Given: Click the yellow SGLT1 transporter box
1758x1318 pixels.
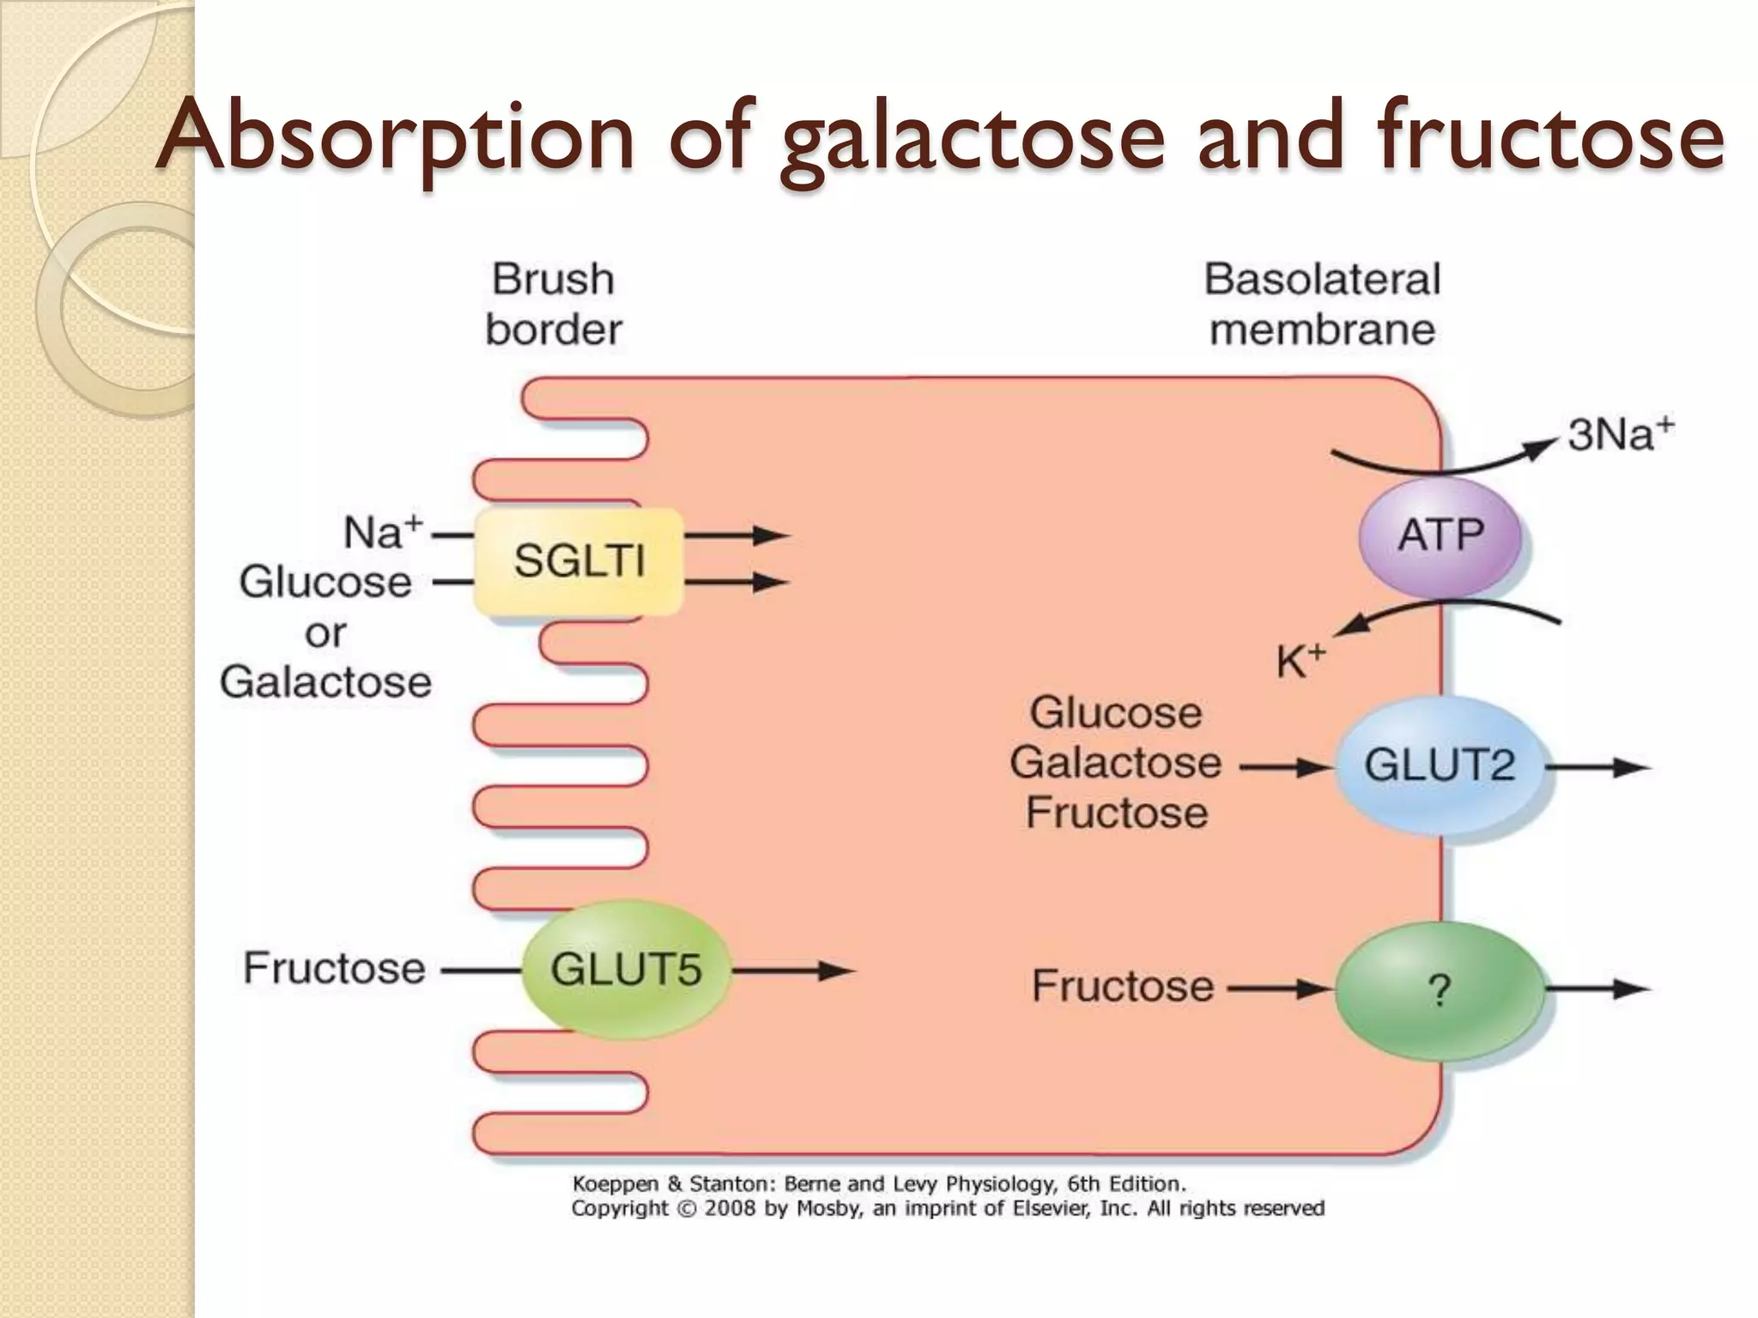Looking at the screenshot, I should coord(578,561).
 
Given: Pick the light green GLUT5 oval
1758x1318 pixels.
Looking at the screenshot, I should coord(626,970).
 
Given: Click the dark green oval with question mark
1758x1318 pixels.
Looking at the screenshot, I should coord(1439,991).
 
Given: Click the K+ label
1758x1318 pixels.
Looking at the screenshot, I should coord(1300,662).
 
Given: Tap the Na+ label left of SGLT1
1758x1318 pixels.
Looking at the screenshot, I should coord(383,532).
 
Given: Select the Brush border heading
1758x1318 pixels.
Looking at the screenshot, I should coord(554,304).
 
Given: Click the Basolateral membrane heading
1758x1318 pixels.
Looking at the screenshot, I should coord(1322,304).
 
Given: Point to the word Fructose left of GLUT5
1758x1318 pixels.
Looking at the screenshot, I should coord(334,968).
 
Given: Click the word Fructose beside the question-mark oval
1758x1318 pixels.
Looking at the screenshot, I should coord(1122,986).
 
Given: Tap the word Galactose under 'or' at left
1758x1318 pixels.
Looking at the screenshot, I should coord(325,682).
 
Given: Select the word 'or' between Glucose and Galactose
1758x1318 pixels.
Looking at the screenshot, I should coord(325,633).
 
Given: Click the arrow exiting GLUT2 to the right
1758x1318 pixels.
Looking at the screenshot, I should coord(1598,767).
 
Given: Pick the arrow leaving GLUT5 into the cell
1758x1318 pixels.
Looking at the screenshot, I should coord(794,971).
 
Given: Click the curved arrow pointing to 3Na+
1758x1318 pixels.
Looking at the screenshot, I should coord(1451,461).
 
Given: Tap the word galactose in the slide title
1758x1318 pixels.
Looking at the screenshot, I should coord(972,137).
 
